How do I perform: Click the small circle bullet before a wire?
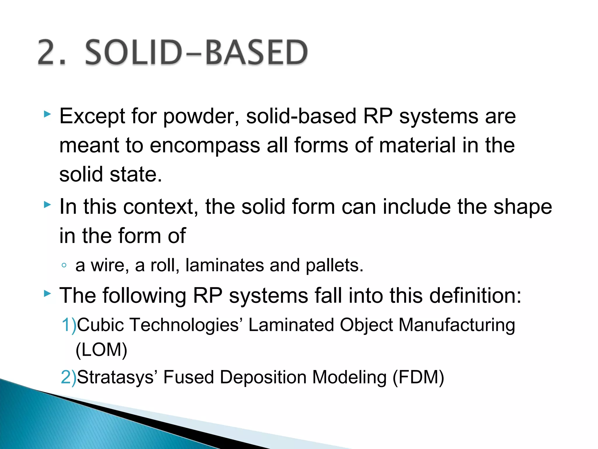(64, 265)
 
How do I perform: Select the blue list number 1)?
(69, 325)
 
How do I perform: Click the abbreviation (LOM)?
(101, 350)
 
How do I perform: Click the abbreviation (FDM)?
(418, 377)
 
